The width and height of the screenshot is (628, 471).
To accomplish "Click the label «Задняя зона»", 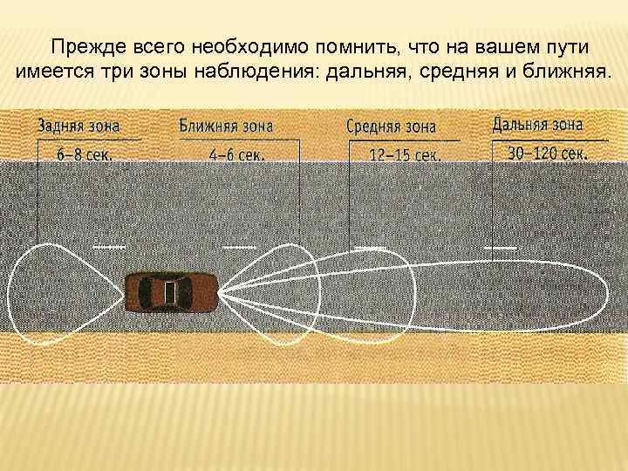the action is click(86, 126).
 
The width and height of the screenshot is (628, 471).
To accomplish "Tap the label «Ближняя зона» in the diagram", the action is click(226, 125).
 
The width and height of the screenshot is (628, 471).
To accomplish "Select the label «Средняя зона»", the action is click(391, 126).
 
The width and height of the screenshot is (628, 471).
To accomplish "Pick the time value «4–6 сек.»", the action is click(236, 154).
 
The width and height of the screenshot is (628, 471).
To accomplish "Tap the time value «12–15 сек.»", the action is click(405, 155).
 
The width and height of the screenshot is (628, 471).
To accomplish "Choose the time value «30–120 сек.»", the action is click(547, 154).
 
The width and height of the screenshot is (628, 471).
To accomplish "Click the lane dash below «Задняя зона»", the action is click(108, 248).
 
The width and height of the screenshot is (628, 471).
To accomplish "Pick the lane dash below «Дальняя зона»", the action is click(500, 248).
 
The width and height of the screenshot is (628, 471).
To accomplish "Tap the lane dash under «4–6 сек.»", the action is click(239, 248).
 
